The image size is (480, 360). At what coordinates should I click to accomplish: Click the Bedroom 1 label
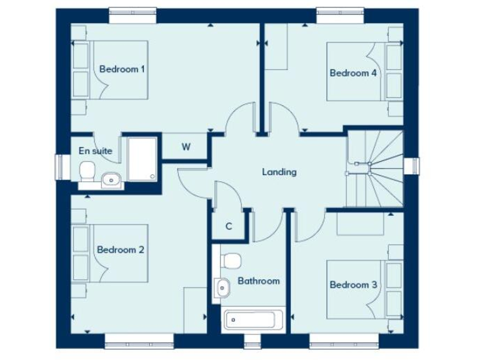[x=122, y=69]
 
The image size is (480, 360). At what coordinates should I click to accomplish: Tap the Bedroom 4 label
[x=352, y=73]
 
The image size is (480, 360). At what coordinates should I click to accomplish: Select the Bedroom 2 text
[x=121, y=250]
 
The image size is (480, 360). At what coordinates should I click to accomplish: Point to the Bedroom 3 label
[x=352, y=285]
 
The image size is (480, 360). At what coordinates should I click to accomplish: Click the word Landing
[x=279, y=172]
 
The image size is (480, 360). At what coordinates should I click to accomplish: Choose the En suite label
[x=95, y=151]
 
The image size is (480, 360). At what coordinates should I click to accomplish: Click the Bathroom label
[x=258, y=281]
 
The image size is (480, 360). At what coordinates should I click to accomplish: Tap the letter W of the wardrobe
[x=186, y=147]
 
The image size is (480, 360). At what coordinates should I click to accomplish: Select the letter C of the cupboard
[x=229, y=226]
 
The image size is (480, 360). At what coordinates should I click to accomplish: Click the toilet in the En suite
[x=87, y=171]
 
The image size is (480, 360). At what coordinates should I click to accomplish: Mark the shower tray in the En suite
[x=142, y=159]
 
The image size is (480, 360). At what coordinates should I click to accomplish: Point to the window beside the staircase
[x=412, y=166]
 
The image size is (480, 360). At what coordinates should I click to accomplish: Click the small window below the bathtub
[x=252, y=341]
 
